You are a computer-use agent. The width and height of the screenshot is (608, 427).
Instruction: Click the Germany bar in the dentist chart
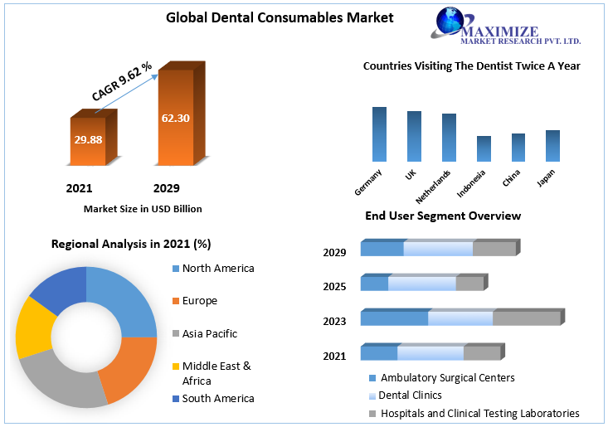click(379, 133)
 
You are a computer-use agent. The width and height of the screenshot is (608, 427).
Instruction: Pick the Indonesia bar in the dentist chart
click(484, 148)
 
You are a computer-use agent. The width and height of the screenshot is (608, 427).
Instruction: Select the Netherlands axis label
click(434, 187)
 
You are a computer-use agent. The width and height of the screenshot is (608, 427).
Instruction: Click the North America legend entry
click(218, 268)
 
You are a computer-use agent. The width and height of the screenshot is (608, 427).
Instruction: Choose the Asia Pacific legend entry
click(210, 333)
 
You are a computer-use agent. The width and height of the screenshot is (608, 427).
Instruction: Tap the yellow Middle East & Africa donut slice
click(34, 326)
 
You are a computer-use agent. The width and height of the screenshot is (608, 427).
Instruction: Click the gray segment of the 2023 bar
click(527, 318)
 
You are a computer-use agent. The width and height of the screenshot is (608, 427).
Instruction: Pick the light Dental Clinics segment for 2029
click(438, 249)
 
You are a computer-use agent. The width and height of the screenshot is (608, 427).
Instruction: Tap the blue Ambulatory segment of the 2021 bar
click(378, 353)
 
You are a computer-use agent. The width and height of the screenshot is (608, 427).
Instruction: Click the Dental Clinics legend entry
click(411, 395)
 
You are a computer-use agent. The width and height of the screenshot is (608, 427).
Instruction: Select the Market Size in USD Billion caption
click(143, 209)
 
